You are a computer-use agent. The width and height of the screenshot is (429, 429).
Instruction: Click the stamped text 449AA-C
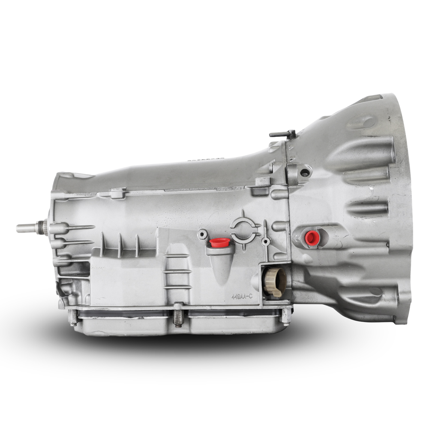(242, 296)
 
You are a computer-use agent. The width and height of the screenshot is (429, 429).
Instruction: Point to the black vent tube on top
(283, 134)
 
